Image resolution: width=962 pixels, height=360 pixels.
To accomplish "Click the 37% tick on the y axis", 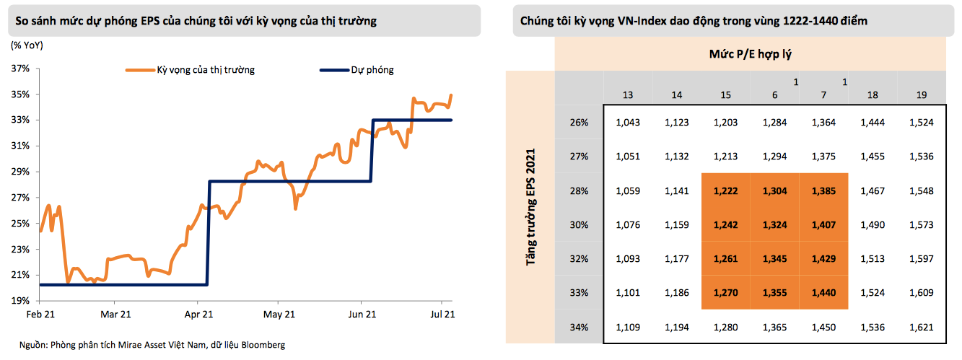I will pyautogui.click(x=19, y=69).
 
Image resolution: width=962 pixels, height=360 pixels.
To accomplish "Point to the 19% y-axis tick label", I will pyautogui.click(x=19, y=301).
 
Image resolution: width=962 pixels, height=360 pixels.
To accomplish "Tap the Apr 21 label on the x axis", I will pyautogui.click(x=198, y=315).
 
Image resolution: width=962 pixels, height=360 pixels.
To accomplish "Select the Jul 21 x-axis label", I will pyautogui.click(x=442, y=315).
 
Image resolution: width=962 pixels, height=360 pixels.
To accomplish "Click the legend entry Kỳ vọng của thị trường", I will pyautogui.click(x=206, y=70).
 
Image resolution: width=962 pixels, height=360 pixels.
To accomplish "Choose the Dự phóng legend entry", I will pyautogui.click(x=372, y=70).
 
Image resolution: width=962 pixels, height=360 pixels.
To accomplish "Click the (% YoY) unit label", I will pyautogui.click(x=27, y=45).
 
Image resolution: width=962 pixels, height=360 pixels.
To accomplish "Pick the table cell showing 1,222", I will pyautogui.click(x=725, y=190).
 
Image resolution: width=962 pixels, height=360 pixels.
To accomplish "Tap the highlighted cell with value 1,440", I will pyautogui.click(x=823, y=293).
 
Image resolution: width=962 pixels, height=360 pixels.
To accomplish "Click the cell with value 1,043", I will pyautogui.click(x=628, y=123).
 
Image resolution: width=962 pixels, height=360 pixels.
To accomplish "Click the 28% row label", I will pyautogui.click(x=580, y=190).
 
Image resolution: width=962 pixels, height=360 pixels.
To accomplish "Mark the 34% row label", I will pyautogui.click(x=580, y=328).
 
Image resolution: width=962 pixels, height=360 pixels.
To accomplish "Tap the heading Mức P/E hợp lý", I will pyautogui.click(x=751, y=54).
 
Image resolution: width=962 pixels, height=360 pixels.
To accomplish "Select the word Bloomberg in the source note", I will pyautogui.click(x=263, y=345).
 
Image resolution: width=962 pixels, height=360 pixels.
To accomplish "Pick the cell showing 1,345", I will pyautogui.click(x=774, y=258).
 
